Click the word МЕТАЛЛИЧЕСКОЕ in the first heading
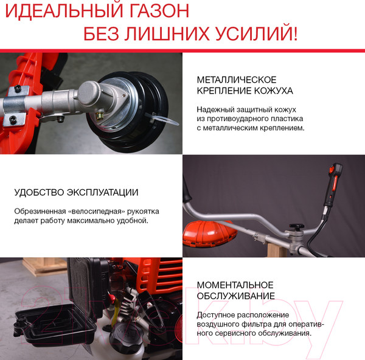coord(237,80)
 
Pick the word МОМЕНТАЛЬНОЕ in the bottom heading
coord(235,285)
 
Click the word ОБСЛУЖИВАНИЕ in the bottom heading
coord(235,296)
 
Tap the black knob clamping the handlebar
coord(297,229)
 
